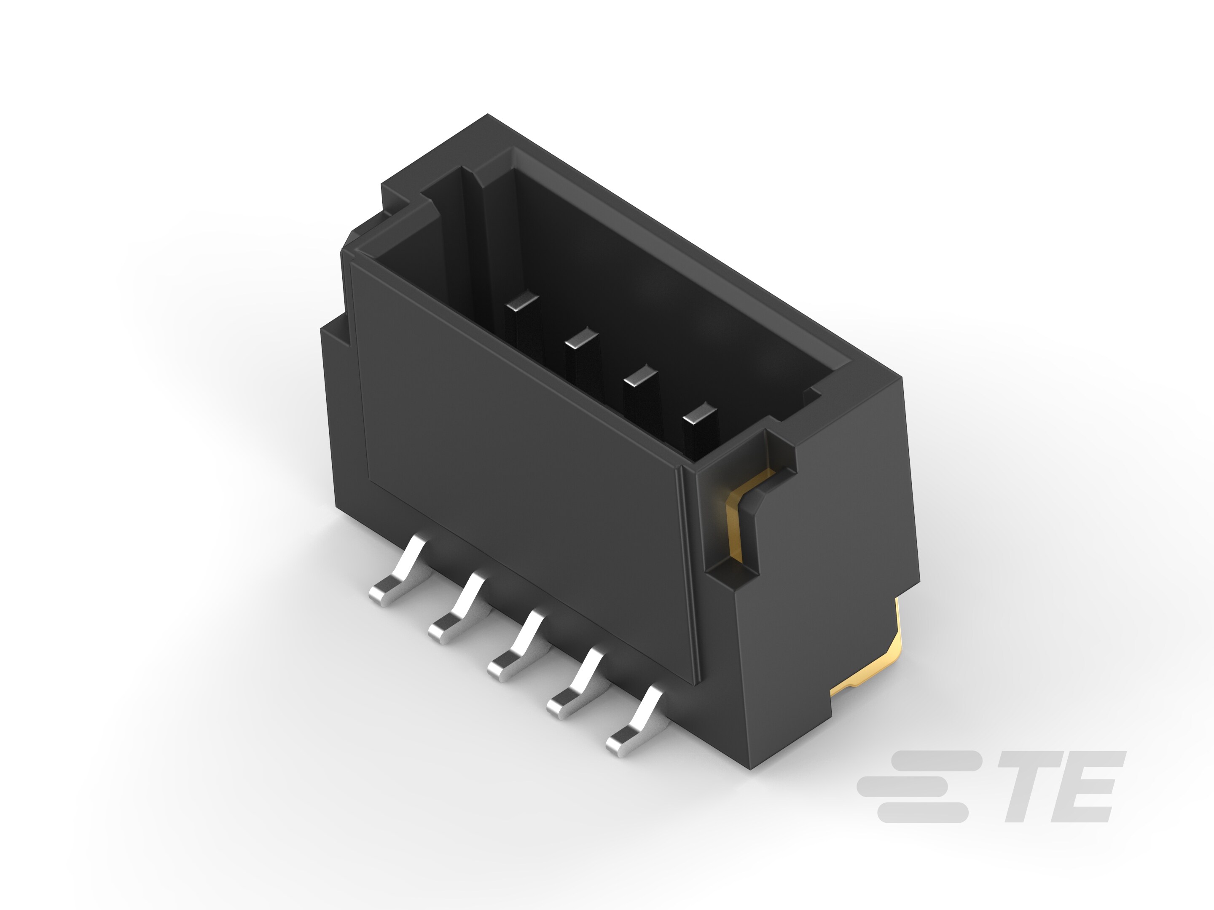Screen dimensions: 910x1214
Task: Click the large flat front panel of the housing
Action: [516, 472]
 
